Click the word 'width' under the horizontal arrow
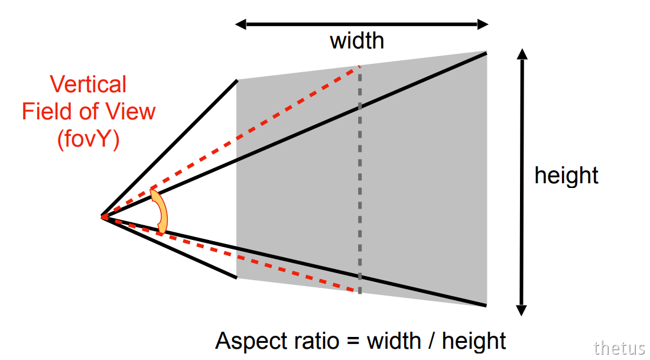(x=357, y=41)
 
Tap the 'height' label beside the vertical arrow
(x=566, y=175)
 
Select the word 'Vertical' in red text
(x=88, y=84)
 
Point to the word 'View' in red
(x=130, y=111)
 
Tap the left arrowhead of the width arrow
(x=241, y=24)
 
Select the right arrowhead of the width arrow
(x=483, y=24)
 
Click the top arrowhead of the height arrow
(x=522, y=54)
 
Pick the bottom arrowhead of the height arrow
(x=522, y=311)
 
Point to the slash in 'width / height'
(x=431, y=341)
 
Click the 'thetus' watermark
(x=619, y=348)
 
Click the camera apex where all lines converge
(x=102, y=216)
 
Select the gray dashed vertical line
(x=359, y=180)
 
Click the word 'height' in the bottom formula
(x=474, y=341)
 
